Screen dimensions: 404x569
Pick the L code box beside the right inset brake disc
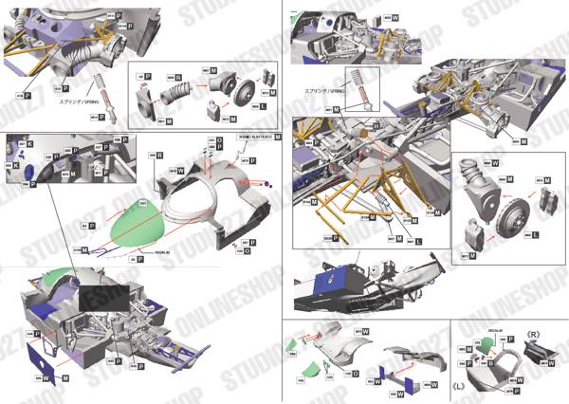(x=536, y=233)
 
